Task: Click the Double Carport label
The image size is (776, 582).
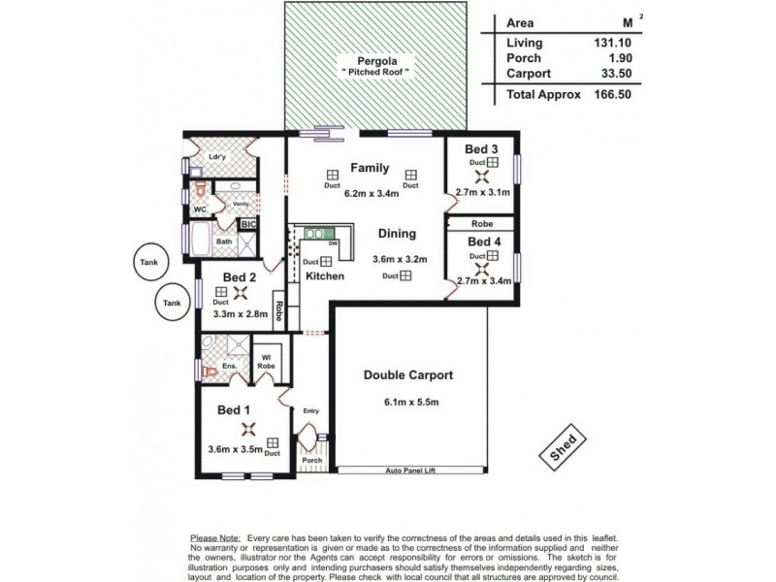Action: [x=408, y=375]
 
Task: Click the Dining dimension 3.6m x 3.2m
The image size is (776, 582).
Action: [x=399, y=259]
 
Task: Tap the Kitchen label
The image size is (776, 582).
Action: [x=325, y=276]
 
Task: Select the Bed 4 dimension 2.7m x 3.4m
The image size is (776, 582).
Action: [x=482, y=282]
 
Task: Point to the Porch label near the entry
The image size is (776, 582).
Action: [x=311, y=461]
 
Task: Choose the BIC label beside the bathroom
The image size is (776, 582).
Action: [x=248, y=224]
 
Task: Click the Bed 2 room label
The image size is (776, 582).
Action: [x=239, y=277]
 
